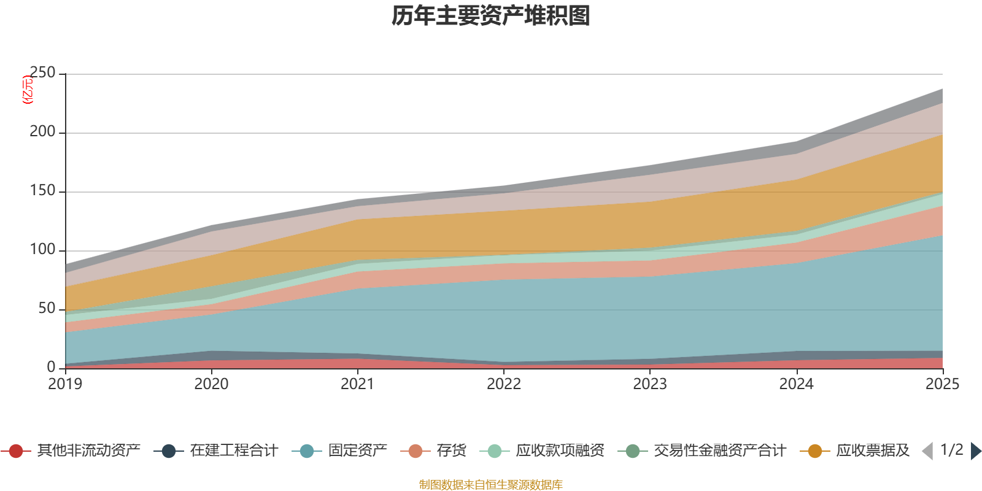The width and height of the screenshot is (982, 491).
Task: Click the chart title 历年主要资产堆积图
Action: (x=491, y=16)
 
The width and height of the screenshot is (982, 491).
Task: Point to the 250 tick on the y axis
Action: (x=42, y=73)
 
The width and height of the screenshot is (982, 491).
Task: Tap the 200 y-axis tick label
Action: (x=42, y=131)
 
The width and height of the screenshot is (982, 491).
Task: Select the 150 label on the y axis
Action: (x=42, y=191)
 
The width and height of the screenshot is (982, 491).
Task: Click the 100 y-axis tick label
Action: (x=42, y=250)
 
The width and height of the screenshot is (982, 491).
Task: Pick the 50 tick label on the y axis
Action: (x=47, y=309)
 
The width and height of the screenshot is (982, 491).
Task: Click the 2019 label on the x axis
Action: (x=65, y=384)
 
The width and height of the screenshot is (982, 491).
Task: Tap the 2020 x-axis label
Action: (x=211, y=384)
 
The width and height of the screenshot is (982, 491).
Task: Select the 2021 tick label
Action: (x=357, y=384)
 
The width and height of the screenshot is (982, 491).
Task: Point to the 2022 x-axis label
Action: (x=504, y=384)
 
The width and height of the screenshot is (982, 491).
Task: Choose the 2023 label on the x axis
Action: (x=650, y=384)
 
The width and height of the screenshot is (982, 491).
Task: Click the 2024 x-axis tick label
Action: (x=796, y=384)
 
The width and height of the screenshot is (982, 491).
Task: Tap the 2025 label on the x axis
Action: (x=942, y=384)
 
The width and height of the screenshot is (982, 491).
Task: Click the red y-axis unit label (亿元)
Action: (x=27, y=90)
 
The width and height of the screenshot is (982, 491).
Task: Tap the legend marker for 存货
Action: (x=416, y=451)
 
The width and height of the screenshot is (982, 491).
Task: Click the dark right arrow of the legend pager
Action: (x=975, y=451)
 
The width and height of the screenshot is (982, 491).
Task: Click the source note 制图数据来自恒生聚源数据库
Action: (x=491, y=485)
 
